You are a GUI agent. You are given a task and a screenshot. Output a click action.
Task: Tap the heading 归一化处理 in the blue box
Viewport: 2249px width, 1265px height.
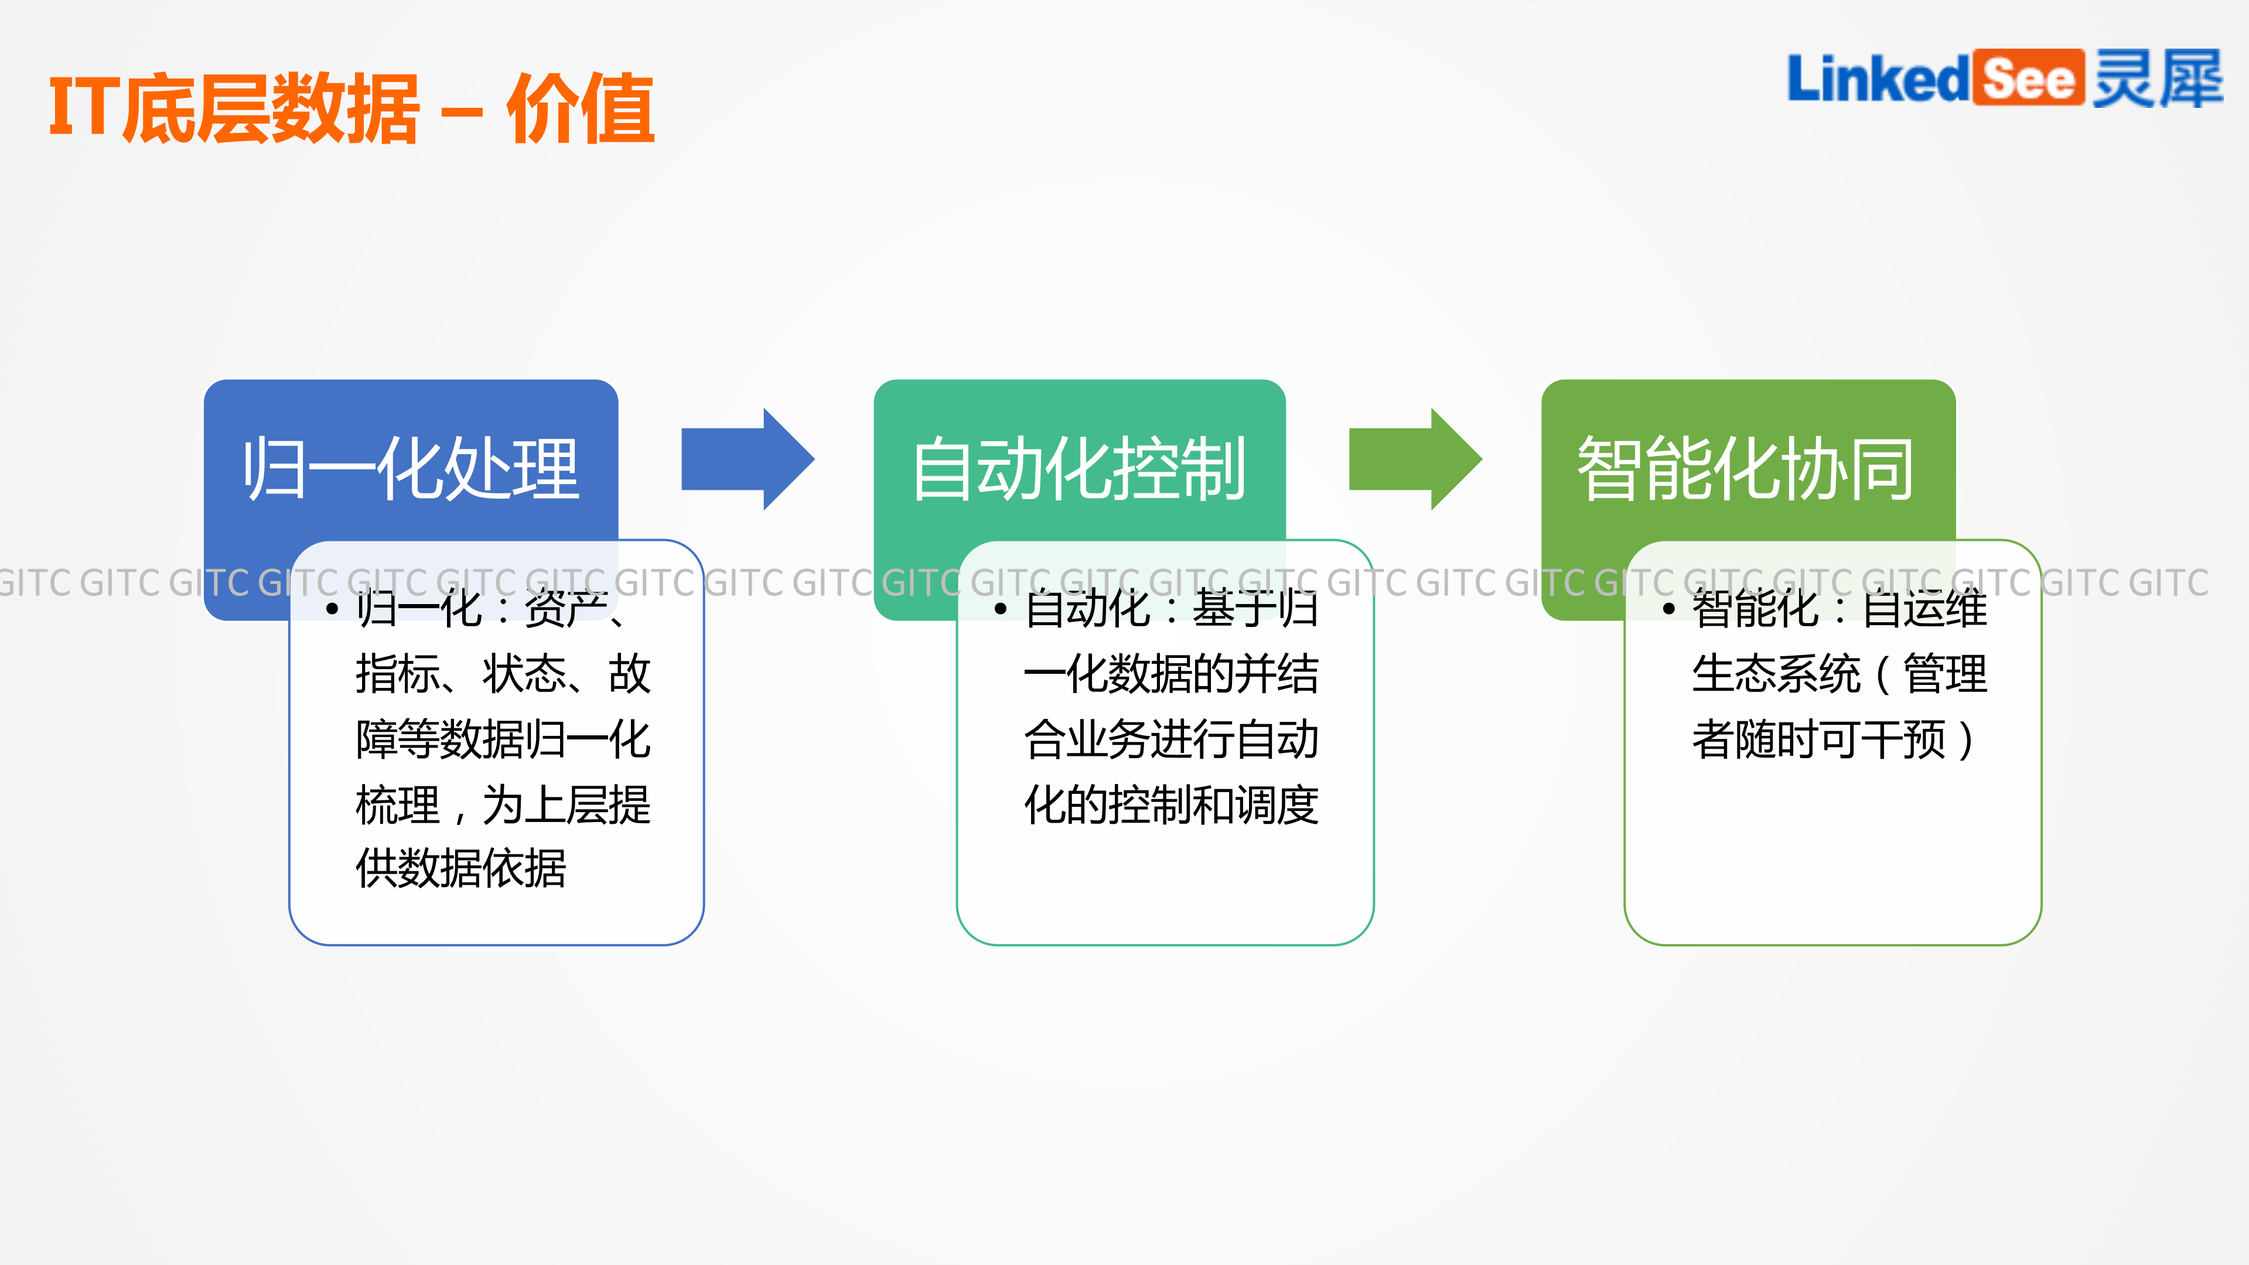[x=410, y=470]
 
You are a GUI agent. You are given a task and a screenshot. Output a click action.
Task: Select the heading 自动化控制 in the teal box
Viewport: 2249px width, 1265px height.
[x=1079, y=470]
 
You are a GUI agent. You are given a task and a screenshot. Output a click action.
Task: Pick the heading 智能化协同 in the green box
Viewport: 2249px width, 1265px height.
[x=1746, y=470]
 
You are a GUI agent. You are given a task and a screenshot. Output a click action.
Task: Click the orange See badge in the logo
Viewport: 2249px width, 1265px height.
[x=2029, y=79]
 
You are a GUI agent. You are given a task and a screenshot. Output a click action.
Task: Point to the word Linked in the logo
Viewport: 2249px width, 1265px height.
[x=1877, y=79]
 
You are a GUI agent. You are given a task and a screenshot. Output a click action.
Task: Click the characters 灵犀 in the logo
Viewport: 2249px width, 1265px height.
[x=2156, y=79]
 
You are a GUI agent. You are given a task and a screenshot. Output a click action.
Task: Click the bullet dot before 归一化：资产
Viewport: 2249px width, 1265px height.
[x=332, y=609]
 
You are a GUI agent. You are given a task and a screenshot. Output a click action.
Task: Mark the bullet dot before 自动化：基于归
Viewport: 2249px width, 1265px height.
[x=1001, y=609]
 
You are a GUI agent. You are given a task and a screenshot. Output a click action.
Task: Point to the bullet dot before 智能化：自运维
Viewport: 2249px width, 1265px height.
[x=1669, y=609]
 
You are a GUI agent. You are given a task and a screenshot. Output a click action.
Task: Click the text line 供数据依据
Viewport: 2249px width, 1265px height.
[x=461, y=869]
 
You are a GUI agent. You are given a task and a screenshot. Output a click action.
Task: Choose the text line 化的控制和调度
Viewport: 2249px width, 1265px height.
[x=1170, y=804]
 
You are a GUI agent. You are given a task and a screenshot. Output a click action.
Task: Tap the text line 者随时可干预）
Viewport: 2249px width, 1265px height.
[x=1834, y=739]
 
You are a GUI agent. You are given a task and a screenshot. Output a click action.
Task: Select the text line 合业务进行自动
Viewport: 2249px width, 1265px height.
[x=1170, y=739]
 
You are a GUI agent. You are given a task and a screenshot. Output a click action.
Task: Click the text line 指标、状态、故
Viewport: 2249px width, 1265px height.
[x=503, y=674]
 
